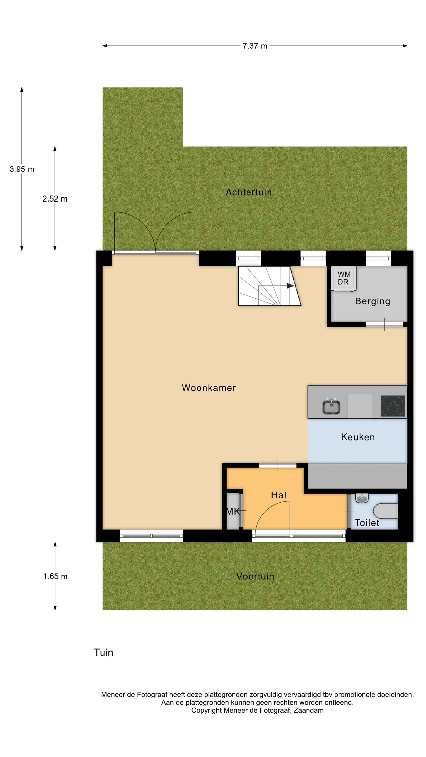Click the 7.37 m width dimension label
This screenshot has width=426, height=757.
[255, 46]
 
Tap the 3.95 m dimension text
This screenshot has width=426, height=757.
[22, 169]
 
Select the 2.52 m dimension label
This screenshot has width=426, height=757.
[55, 199]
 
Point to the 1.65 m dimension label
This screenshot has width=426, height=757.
[55, 577]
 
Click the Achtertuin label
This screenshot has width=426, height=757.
[249, 192]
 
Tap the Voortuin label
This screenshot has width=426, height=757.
[255, 577]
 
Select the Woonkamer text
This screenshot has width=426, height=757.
[209, 388]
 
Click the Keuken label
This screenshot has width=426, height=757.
[358, 437]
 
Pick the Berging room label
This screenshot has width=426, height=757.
[372, 302]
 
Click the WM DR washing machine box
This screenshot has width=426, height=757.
[344, 279]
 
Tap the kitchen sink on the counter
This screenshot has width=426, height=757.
[331, 407]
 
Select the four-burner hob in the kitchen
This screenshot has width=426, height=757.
[393, 406]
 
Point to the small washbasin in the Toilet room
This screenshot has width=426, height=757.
[362, 498]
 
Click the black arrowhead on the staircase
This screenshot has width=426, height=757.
[290, 286]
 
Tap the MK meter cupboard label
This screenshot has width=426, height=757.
[233, 512]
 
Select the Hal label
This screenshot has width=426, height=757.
[278, 496]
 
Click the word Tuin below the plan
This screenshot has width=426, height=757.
[103, 653]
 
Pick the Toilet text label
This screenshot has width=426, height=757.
[367, 523]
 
